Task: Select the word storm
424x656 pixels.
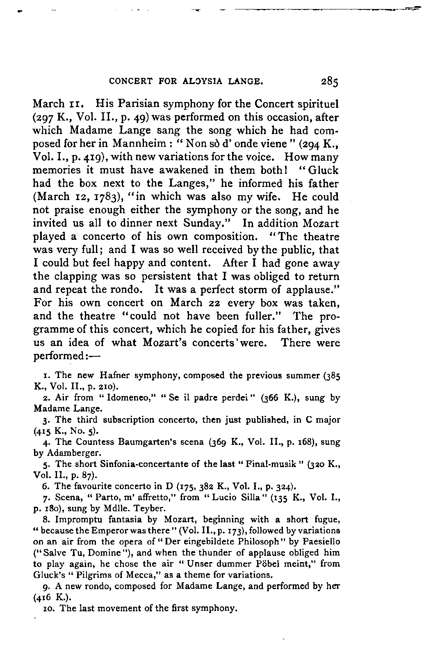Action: click(249, 289)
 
